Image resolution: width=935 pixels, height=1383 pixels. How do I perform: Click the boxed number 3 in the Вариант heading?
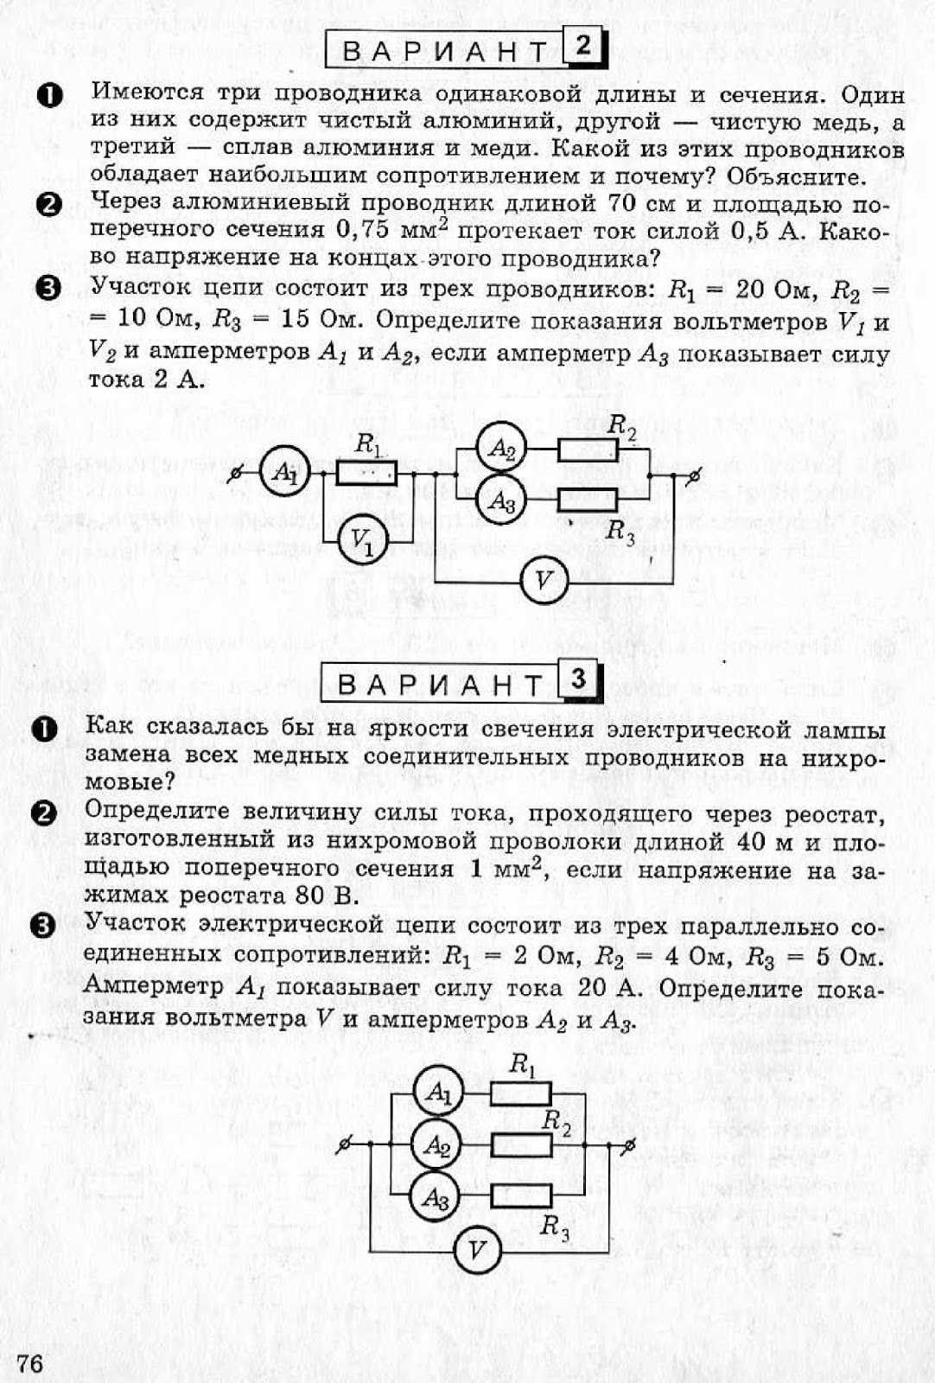[x=578, y=680]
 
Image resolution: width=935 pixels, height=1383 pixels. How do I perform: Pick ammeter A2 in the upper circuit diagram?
[x=502, y=449]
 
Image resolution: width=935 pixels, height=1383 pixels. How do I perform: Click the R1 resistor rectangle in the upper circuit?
[x=366, y=473]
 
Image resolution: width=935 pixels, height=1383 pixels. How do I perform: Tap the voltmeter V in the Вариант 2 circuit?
[x=544, y=581]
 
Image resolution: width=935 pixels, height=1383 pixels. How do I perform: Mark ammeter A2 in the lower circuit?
[x=437, y=1145]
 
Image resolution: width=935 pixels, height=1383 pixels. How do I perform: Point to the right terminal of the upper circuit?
[x=694, y=474]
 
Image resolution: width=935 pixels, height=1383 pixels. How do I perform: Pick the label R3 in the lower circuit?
[x=555, y=1226]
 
